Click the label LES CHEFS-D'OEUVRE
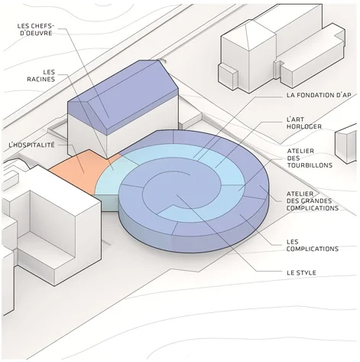point(35,30)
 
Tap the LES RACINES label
point(41,76)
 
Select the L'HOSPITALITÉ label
point(31,145)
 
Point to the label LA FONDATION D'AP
point(319,95)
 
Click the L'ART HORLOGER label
point(304,122)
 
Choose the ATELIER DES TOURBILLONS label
point(310,158)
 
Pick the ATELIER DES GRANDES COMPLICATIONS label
point(313,201)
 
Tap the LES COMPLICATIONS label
point(313,245)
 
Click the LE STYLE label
point(301,272)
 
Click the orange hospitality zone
point(79,171)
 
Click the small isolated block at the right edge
point(346,143)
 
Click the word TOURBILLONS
point(310,165)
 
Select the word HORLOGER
point(304,126)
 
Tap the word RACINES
point(41,79)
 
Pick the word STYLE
point(306,272)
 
